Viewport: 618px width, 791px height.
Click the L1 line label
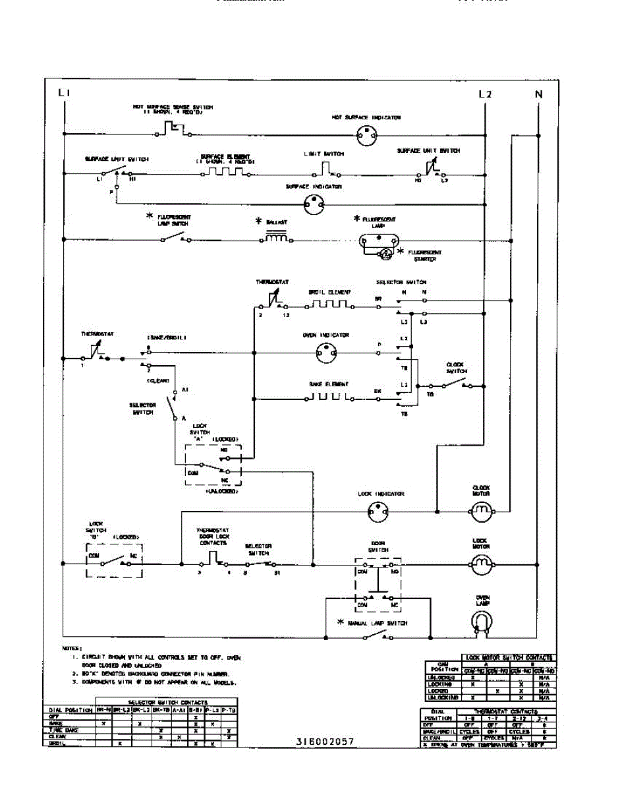[x=64, y=94]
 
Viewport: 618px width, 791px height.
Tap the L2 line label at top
[x=485, y=94]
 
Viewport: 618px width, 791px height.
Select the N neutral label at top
[x=538, y=94]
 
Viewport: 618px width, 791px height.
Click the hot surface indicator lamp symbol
[x=366, y=135]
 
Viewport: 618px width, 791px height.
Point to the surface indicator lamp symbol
[x=314, y=204]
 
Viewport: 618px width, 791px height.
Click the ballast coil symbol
[x=276, y=239]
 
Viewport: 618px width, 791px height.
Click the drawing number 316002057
[x=325, y=742]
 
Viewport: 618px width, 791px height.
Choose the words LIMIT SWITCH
[x=323, y=154]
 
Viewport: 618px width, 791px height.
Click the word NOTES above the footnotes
[x=72, y=648]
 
